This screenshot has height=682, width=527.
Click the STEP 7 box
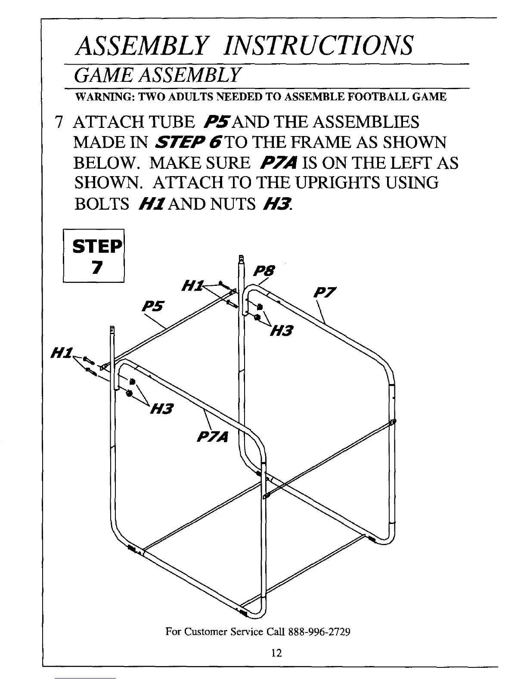coord(94,256)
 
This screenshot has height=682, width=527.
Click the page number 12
coord(276,653)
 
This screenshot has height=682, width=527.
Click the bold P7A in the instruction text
coord(280,163)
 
